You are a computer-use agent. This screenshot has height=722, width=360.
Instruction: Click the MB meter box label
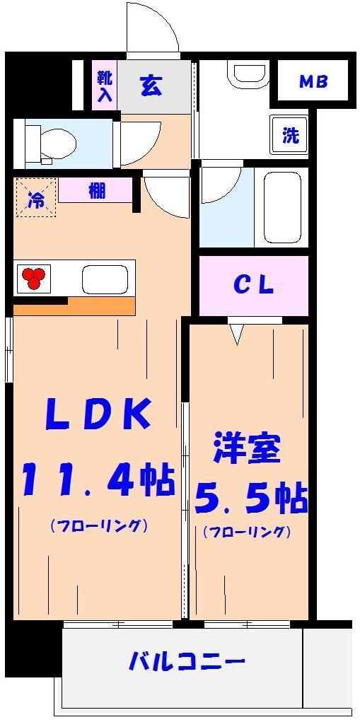(x=313, y=82)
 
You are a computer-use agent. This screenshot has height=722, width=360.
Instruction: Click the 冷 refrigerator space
(x=35, y=199)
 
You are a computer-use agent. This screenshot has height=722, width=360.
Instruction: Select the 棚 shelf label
(x=96, y=191)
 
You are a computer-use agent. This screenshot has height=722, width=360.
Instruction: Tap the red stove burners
(x=34, y=278)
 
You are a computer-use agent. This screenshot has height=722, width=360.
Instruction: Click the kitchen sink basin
(x=105, y=279)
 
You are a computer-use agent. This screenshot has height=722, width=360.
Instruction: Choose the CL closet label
(x=253, y=286)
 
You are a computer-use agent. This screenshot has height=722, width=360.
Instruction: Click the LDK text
(x=98, y=414)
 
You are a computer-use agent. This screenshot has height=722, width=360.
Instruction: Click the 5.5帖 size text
(x=250, y=498)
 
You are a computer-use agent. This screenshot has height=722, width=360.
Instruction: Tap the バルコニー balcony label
(x=187, y=663)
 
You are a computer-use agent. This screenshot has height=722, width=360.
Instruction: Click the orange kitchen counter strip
(x=74, y=306)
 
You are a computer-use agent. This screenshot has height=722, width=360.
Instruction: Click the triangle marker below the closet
(x=237, y=333)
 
